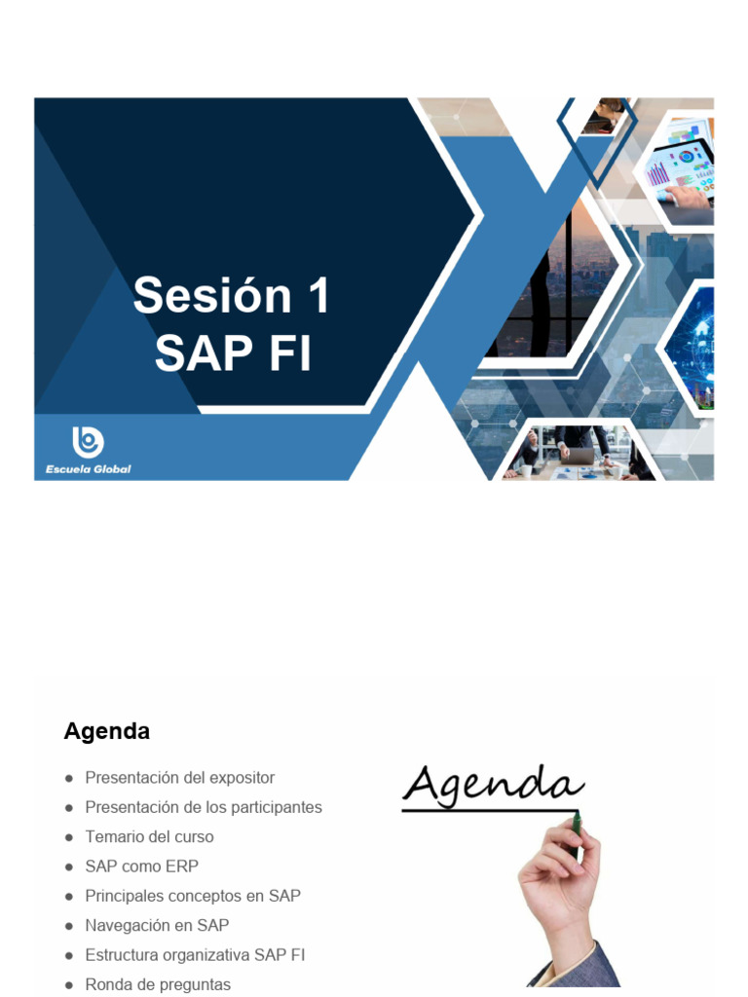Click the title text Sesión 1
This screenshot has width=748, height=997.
pyautogui.click(x=232, y=296)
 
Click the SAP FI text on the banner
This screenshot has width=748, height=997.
pyautogui.click(x=233, y=353)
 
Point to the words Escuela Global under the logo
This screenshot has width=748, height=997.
pyautogui.click(x=88, y=468)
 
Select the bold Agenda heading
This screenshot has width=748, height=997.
pyautogui.click(x=107, y=731)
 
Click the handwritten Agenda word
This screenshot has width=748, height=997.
pyautogui.click(x=492, y=785)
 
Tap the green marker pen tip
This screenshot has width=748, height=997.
pyautogui.click(x=577, y=824)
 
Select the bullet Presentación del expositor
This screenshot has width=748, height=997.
pyautogui.click(x=179, y=778)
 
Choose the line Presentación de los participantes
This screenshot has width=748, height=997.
pyautogui.click(x=203, y=807)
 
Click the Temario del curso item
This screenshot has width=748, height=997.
pyautogui.click(x=149, y=836)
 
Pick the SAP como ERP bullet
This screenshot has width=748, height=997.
pyautogui.click(x=141, y=866)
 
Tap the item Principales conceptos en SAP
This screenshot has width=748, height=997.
pyautogui.click(x=193, y=896)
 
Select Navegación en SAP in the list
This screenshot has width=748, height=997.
pyautogui.click(x=157, y=925)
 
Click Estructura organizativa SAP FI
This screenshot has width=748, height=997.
pyautogui.click(x=195, y=955)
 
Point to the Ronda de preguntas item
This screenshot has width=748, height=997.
pyautogui.click(x=158, y=984)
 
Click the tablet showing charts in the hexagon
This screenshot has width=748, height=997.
pyautogui.click(x=682, y=166)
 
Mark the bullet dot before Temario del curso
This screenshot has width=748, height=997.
pyautogui.click(x=69, y=837)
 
